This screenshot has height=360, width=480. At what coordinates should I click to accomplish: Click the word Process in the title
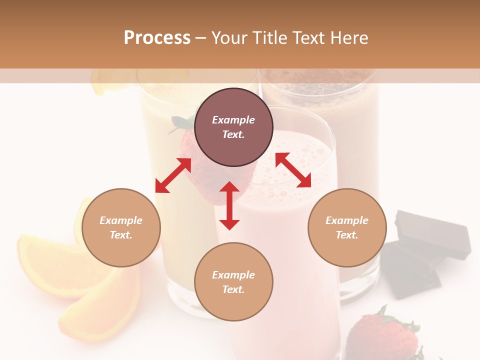click(157, 38)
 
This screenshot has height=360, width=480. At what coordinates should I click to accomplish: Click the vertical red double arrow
click(229, 205)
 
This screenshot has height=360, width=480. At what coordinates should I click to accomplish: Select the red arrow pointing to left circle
click(173, 175)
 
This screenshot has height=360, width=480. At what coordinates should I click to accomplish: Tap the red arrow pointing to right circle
click(293, 170)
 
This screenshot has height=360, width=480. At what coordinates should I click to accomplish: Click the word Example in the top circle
click(233, 120)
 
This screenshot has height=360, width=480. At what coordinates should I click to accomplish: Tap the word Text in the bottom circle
click(233, 289)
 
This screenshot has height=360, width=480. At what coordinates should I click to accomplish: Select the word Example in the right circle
click(347, 220)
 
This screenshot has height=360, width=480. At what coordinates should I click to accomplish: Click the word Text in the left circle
click(120, 235)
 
